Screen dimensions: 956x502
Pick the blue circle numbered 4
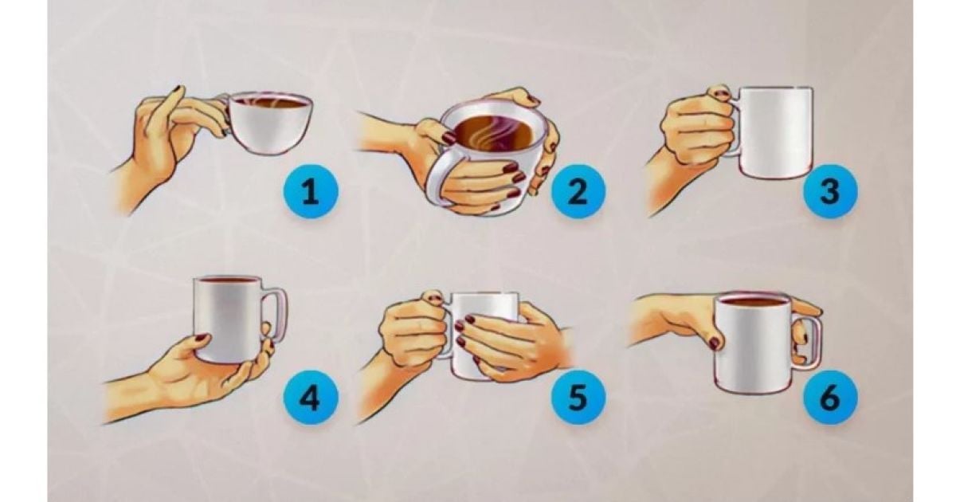pyautogui.click(x=310, y=397)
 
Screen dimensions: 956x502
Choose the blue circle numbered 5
pyautogui.click(x=578, y=397)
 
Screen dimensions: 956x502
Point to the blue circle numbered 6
pyautogui.click(x=829, y=397)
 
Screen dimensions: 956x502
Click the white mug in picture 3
pyautogui.click(x=773, y=132)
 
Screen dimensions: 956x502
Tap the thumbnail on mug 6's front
pyautogui.click(x=715, y=343)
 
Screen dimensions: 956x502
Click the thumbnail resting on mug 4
pyautogui.click(x=202, y=338)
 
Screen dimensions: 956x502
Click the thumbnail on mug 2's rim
pyautogui.click(x=449, y=139)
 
